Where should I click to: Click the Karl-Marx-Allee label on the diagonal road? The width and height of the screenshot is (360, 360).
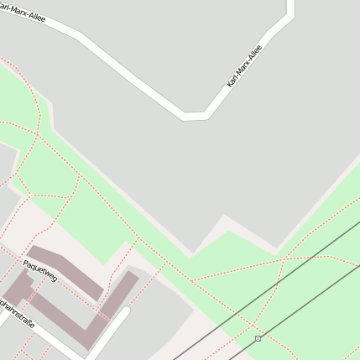244,66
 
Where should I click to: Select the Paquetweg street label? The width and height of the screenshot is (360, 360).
40,270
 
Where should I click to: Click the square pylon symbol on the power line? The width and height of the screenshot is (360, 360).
258,338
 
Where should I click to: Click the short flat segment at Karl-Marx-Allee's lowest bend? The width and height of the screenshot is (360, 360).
195,115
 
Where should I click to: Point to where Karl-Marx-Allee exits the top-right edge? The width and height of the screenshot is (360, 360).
291,3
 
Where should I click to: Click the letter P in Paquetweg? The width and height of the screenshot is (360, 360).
26,263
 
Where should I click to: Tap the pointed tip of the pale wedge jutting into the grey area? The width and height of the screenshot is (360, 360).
224,217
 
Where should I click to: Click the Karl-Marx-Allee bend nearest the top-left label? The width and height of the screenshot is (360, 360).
80,36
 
